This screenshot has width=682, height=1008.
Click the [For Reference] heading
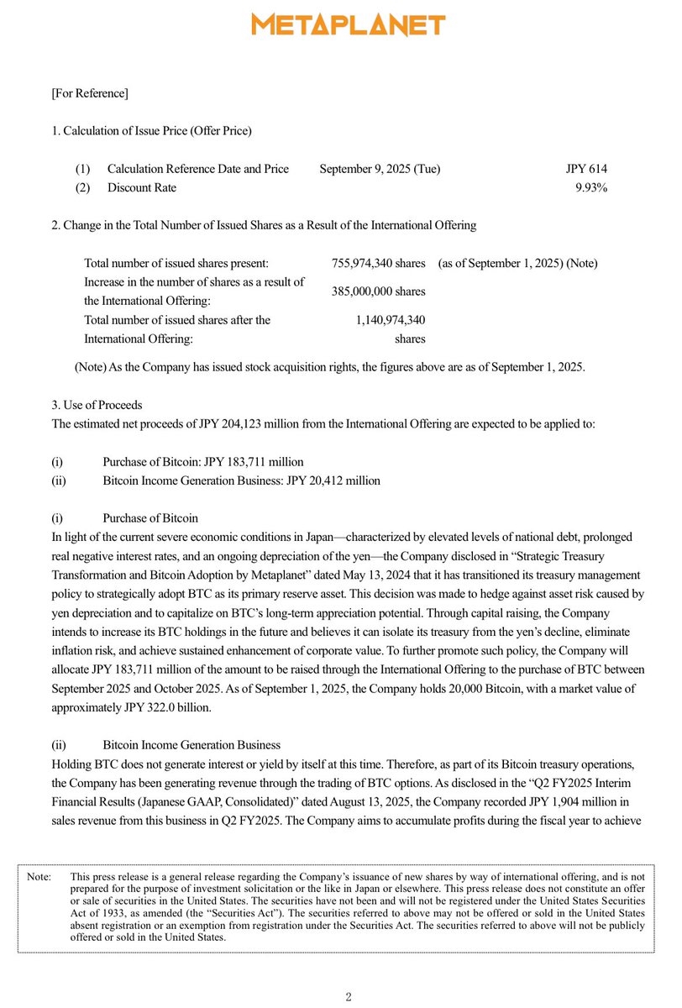[90, 92]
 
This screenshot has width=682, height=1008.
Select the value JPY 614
[586, 169]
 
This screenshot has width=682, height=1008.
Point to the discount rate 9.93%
[591, 187]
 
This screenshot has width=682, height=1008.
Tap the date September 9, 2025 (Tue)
[380, 169]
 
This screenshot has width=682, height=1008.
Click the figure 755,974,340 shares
[378, 263]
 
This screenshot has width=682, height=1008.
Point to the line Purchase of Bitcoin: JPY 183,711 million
[202, 462]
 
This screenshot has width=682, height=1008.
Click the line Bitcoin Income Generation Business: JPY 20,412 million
[241, 480]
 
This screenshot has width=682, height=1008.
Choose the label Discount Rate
[142, 187]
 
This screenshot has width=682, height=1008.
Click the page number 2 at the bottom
[349, 996]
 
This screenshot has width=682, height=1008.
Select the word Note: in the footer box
[39, 876]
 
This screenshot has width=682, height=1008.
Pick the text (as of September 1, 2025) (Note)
[517, 263]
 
